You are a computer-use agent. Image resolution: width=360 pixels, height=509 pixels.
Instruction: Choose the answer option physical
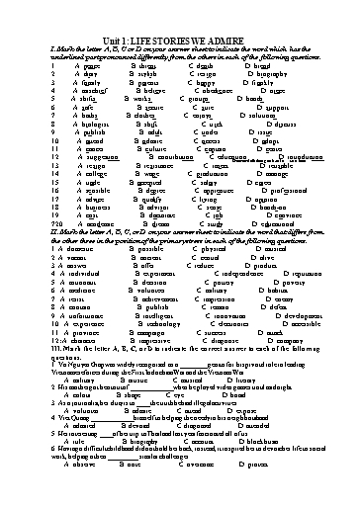[206, 251]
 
